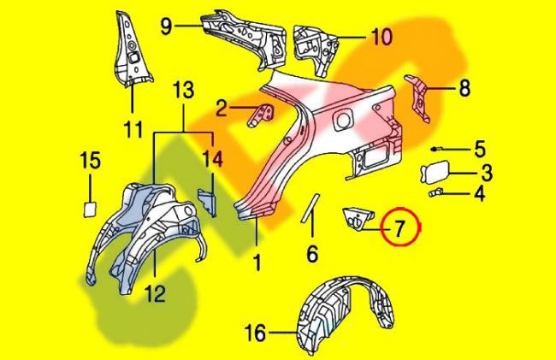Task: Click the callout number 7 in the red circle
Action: (x=399, y=228)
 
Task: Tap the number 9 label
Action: (x=166, y=26)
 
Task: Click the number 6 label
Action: (x=311, y=254)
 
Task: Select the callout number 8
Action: (x=464, y=87)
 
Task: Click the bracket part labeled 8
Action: (x=419, y=94)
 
